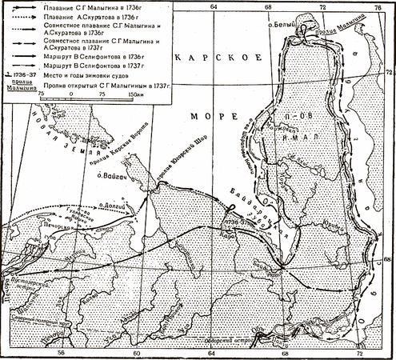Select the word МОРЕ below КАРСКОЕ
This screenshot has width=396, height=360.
click(x=205, y=115)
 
